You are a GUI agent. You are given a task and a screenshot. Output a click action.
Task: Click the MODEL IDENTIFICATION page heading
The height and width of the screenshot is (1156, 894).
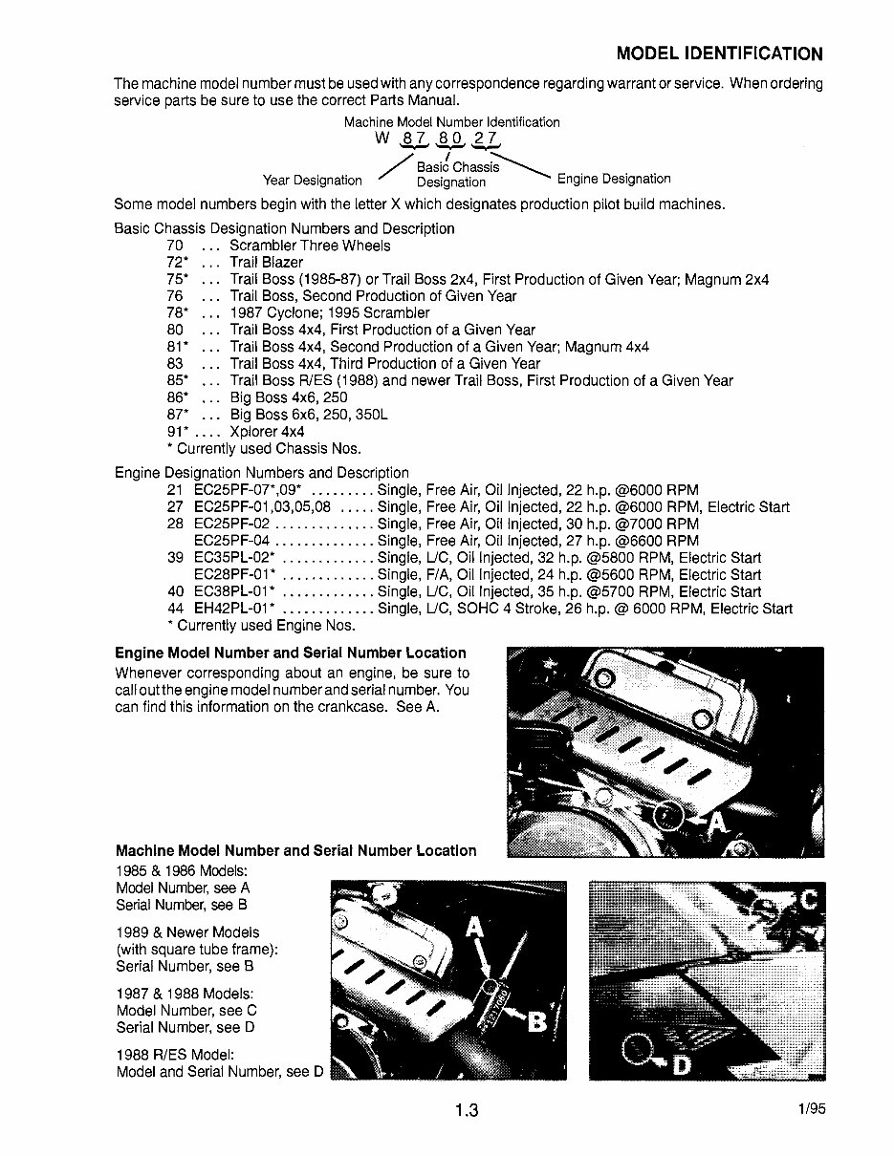pos(719,54)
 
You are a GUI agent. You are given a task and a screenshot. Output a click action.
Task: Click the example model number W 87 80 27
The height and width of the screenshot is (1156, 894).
pos(438,139)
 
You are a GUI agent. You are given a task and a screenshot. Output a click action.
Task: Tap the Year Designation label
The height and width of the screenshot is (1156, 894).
pos(313,180)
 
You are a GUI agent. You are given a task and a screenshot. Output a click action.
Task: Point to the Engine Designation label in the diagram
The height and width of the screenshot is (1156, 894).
pos(614,179)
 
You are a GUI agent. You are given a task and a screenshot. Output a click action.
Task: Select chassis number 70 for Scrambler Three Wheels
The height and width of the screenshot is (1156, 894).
pos(175,246)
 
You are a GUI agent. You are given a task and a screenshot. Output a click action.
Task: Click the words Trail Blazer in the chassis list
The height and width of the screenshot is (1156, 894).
pos(267,263)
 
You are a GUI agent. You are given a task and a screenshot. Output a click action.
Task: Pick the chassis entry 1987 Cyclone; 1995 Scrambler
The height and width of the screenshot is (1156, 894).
pos(330,313)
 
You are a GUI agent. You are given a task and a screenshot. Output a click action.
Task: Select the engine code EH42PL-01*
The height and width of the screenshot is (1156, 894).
pos(234,609)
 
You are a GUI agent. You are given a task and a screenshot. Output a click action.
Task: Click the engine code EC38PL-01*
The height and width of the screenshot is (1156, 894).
pos(234,591)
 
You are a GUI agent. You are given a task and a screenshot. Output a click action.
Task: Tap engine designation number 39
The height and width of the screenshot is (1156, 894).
pos(175,558)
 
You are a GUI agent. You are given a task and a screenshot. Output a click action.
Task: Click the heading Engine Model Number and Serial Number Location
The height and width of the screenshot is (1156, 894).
pos(290,653)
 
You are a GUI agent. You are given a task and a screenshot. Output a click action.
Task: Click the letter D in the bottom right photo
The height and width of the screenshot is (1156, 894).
pos(682,1063)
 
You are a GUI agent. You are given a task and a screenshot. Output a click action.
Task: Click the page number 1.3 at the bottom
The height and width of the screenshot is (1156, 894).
pos(467,1110)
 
